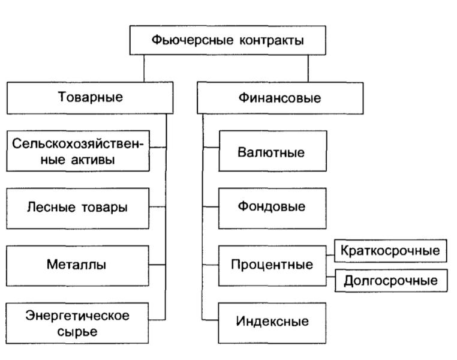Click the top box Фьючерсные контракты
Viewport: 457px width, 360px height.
pos(228,40)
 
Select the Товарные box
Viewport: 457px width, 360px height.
pos(90,98)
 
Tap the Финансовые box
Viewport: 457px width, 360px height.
pos(280,98)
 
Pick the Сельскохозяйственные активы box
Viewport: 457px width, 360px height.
pos(78,151)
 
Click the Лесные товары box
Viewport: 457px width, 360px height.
pos(77,208)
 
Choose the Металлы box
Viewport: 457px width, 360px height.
pos(77,266)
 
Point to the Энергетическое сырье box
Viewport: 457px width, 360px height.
pos(77,323)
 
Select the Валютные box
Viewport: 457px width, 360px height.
pos(273,151)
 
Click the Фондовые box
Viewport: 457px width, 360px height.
pos(272,208)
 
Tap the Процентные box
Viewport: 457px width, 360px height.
pos(272,266)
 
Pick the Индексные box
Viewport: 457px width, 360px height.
pos(272,323)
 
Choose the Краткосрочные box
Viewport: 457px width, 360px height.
pos(390,251)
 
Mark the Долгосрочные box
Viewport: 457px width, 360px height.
pos(391,281)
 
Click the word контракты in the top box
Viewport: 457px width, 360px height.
pos(272,41)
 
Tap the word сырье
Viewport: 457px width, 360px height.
pos(77,332)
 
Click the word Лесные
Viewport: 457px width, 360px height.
pos(52,207)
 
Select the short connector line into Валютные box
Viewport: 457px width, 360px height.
pos(211,147)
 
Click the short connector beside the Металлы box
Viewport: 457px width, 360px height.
pos(157,265)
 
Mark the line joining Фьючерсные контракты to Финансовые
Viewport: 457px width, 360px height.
pos(308,68)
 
